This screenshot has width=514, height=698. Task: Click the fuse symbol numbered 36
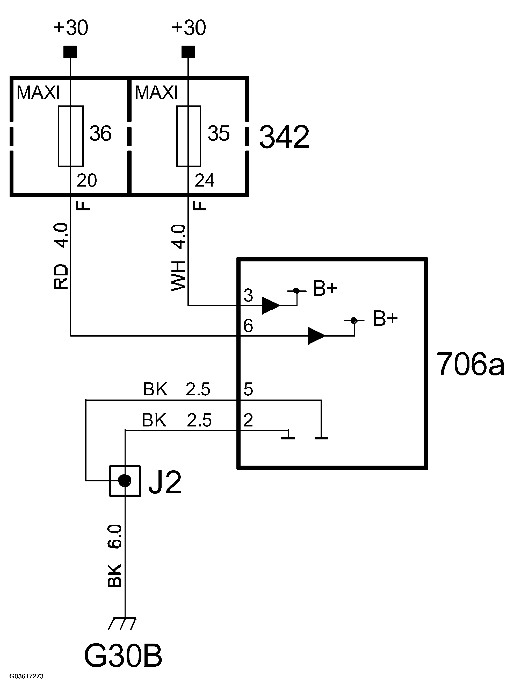71,136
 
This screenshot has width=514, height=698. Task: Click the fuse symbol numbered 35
188,136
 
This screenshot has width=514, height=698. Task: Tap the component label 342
284,137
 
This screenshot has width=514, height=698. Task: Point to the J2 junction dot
125,480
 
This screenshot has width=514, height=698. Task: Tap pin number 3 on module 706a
248,295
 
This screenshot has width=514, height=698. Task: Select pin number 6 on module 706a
248,326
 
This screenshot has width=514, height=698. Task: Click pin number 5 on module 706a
248,389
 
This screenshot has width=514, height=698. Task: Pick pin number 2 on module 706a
248,420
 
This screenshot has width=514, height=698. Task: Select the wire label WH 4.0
179,258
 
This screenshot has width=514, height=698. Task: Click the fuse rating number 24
204,180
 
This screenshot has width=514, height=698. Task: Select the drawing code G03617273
26,676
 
